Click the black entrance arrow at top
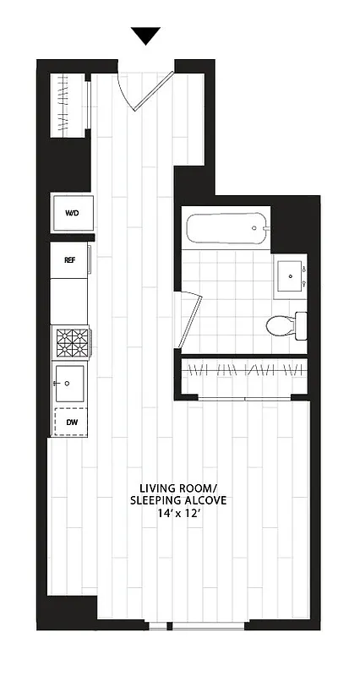[x=146, y=35]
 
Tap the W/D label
[x=71, y=213]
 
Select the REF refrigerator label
[x=70, y=260]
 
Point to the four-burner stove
[x=71, y=343]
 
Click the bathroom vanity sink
[x=292, y=275]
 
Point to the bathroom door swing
[x=188, y=321]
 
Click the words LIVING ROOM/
[x=178, y=488]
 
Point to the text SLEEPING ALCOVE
[x=178, y=500]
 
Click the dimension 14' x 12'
[x=178, y=514]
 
